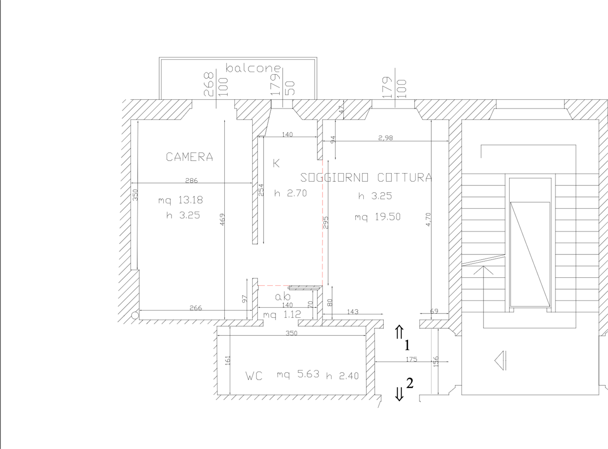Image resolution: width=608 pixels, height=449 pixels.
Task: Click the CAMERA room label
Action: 189,157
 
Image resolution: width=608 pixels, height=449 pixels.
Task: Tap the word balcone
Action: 253,68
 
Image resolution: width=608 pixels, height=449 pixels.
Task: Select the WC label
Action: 254,376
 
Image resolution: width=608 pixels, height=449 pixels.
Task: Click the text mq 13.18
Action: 180,200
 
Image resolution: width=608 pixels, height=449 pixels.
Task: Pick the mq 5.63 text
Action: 298,374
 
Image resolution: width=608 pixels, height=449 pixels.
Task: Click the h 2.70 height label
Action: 290,193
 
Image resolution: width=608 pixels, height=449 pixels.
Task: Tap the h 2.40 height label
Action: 342,376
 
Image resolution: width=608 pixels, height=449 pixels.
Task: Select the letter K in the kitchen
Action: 276,163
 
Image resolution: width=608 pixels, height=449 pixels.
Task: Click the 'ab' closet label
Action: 283,296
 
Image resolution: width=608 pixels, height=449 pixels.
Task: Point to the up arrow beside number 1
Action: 399,332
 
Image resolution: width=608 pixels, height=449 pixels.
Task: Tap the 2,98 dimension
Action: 385,138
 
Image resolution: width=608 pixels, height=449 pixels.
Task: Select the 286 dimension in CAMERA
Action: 191,180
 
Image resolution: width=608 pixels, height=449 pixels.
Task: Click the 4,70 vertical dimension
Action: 428,219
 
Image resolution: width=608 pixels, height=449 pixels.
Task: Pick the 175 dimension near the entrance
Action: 411,359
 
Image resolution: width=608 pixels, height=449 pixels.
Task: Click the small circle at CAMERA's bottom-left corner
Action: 135,315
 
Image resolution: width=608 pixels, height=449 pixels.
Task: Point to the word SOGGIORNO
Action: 334,177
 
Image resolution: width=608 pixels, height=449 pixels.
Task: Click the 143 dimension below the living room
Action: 352,312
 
